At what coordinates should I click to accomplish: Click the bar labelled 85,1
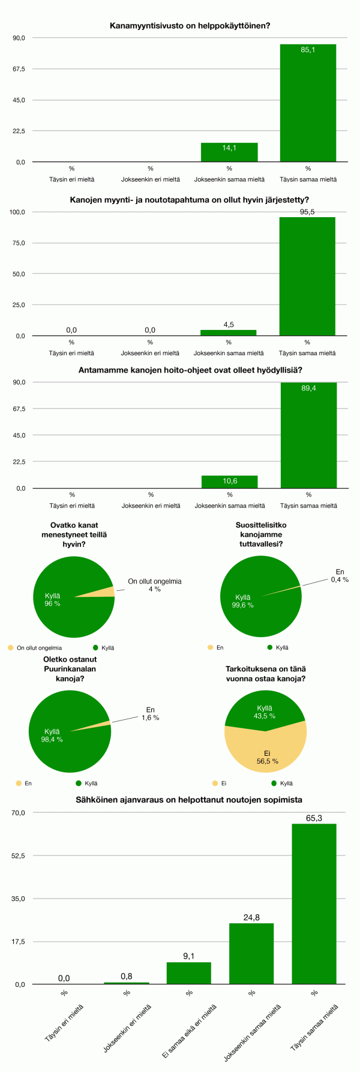(308, 103)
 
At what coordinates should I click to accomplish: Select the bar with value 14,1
(229, 152)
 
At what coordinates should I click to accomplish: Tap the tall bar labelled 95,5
(307, 276)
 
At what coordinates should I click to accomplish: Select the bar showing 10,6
(229, 482)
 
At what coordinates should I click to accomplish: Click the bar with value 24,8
(251, 954)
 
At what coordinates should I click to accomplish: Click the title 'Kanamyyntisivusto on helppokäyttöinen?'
(190, 26)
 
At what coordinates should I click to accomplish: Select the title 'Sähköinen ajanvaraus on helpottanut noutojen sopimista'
(189, 800)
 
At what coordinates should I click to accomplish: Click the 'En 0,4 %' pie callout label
(340, 576)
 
